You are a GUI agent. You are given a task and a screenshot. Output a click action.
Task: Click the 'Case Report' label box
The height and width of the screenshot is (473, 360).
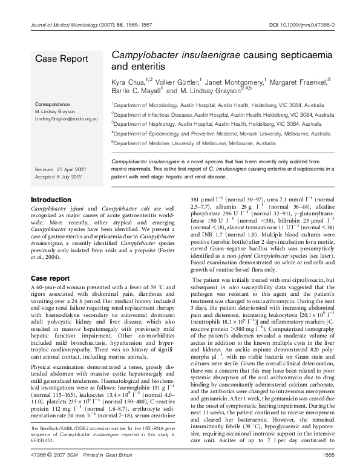click(x=62, y=58)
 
